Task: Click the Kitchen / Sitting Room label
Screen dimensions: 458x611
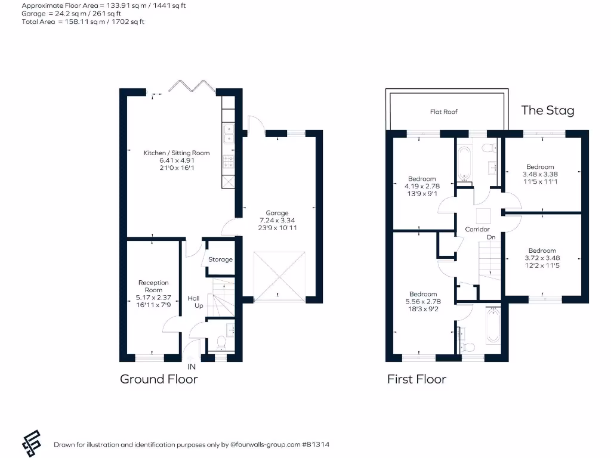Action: [177, 153]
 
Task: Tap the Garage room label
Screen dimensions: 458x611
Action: [277, 213]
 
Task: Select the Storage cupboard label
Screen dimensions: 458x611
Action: [220, 259]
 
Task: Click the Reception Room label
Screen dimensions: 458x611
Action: [153, 286]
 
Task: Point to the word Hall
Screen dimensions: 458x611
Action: [194, 298]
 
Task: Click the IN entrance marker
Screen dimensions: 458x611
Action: [192, 367]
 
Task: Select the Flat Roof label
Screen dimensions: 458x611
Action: [444, 112]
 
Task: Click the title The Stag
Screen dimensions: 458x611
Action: [547, 110]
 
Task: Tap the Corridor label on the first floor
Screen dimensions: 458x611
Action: [477, 230]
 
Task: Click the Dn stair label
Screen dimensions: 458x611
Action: [491, 237]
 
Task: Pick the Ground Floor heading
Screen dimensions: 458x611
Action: [159, 379]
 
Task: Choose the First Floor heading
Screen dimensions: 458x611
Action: [416, 379]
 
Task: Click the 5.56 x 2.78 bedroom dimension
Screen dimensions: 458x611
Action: [423, 302]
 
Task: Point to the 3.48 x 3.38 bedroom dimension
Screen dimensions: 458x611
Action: [540, 174]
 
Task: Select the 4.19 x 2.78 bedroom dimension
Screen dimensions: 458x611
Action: [422, 186]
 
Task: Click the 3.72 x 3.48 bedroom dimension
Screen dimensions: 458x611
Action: [542, 258]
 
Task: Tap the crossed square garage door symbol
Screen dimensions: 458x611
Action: [279, 275]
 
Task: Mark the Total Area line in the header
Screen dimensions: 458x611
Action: [83, 21]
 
